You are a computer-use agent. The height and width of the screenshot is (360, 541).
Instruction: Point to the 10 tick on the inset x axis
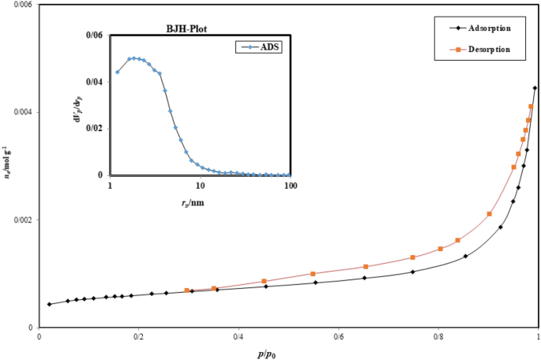(x=200, y=185)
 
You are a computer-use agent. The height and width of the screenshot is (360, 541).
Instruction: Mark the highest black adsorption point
(x=535, y=88)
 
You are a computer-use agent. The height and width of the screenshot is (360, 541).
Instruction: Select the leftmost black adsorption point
(x=49, y=304)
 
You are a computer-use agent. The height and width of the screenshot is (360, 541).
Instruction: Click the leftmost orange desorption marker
(x=186, y=291)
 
